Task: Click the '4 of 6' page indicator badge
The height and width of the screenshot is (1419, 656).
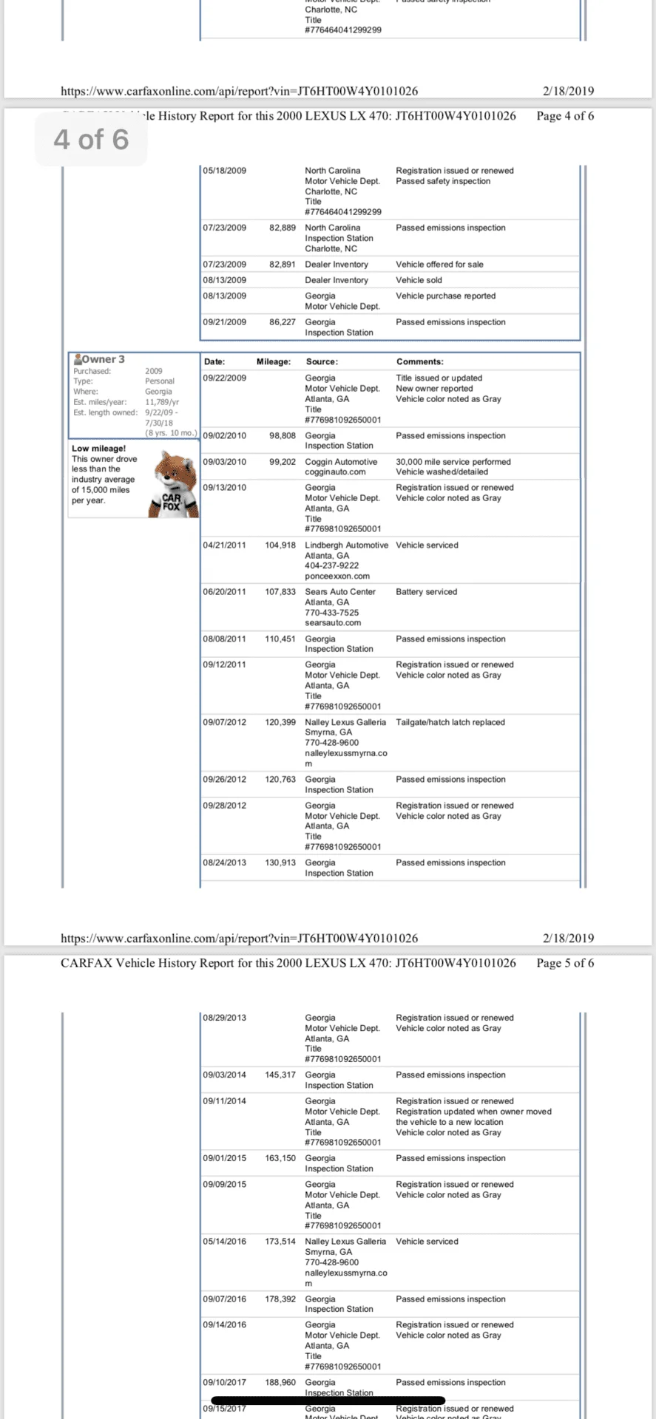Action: [91, 140]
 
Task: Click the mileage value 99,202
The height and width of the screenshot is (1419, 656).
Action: [282, 462]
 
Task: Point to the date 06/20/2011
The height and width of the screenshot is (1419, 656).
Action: [224, 592]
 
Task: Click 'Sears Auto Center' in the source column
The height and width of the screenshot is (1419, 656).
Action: [340, 592]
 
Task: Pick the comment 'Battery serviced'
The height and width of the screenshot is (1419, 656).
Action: [426, 592]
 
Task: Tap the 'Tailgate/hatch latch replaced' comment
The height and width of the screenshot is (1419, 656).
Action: [450, 722]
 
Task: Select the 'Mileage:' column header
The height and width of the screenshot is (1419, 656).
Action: [273, 361]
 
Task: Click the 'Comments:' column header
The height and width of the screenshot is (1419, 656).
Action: [419, 361]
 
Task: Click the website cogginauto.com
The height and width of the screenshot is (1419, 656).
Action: [335, 472]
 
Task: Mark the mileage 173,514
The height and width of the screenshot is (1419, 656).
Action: [280, 1242]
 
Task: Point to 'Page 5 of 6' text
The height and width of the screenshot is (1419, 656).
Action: [565, 963]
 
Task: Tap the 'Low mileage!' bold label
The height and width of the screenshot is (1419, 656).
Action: [98, 449]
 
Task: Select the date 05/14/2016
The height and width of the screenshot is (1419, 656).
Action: [224, 1242]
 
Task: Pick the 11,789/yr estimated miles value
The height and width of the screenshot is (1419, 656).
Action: [162, 402]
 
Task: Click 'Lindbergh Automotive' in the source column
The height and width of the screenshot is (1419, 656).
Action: [346, 545]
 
